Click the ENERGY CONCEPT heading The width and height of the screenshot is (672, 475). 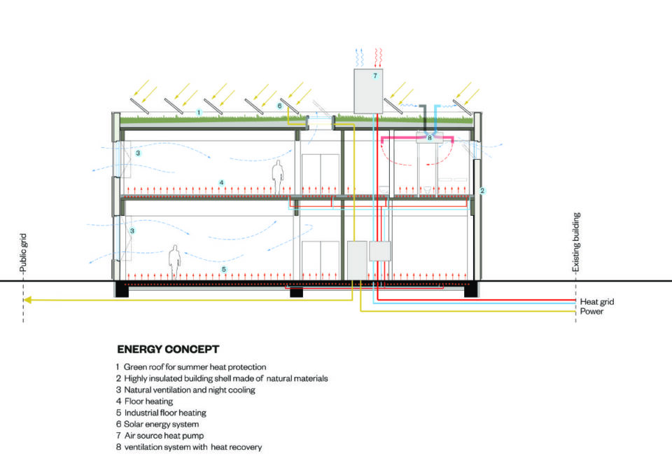[168, 350]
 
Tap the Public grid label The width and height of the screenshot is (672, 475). [23, 253]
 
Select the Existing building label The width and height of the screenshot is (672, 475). [576, 242]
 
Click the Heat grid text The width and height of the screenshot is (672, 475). [597, 302]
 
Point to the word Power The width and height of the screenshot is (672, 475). [591, 311]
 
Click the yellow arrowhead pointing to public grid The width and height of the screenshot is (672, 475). [27, 300]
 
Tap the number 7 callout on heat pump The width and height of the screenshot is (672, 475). [375, 76]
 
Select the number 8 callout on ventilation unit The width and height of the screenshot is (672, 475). [429, 138]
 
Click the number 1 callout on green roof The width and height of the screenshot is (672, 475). [199, 112]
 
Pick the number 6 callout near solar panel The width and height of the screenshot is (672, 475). [280, 106]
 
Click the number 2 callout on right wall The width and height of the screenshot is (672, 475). [482, 191]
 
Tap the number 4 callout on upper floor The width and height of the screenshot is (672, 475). [222, 183]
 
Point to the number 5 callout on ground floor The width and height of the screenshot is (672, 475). [224, 270]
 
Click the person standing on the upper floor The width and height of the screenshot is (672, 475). [278, 177]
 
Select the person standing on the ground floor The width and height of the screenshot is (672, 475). [174, 262]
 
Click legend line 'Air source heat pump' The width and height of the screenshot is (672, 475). [160, 436]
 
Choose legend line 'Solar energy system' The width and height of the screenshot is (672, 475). [157, 425]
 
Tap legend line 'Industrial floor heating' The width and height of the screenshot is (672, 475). [161, 413]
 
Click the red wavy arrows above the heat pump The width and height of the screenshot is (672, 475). [378, 58]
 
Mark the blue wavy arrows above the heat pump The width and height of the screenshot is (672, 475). [359, 58]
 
